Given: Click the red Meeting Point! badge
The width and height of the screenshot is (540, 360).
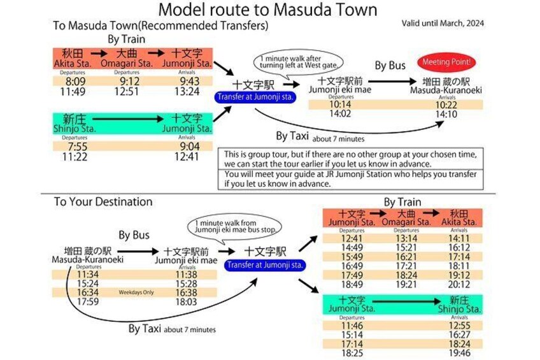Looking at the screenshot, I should point(445,62).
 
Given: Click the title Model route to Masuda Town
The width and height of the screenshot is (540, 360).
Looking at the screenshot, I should point(267,10).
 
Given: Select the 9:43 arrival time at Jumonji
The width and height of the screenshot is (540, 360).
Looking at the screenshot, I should point(190,82).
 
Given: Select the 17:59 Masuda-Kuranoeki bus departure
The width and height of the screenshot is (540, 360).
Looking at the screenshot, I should point(87,301).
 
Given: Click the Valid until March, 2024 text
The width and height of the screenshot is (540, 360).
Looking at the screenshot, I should point(443,24).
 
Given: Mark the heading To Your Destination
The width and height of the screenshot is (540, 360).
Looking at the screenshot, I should point(103,202).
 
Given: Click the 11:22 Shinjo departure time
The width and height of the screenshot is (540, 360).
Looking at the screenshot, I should point(74,156).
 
